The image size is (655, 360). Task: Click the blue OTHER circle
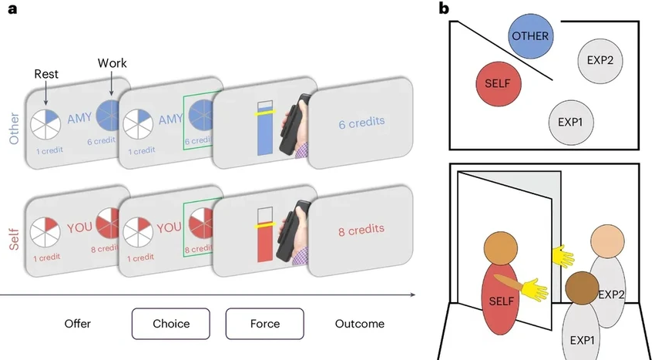(x=530, y=36)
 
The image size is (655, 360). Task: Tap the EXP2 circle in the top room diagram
(x=600, y=59)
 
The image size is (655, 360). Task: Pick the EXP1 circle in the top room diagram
(x=570, y=122)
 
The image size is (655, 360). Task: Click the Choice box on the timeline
(x=171, y=324)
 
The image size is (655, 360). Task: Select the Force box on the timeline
(x=264, y=324)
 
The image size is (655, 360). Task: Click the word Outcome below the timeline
(x=359, y=324)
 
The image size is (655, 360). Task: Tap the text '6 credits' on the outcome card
(x=361, y=122)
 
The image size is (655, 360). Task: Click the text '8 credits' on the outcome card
(x=361, y=229)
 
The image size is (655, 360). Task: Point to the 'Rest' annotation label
(x=47, y=75)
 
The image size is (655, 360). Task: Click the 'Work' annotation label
(x=112, y=62)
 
